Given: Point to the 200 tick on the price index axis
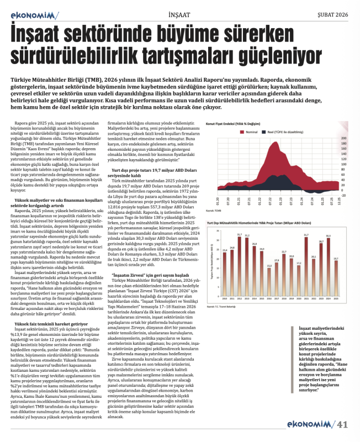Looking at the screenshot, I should click(x=345, y=138).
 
